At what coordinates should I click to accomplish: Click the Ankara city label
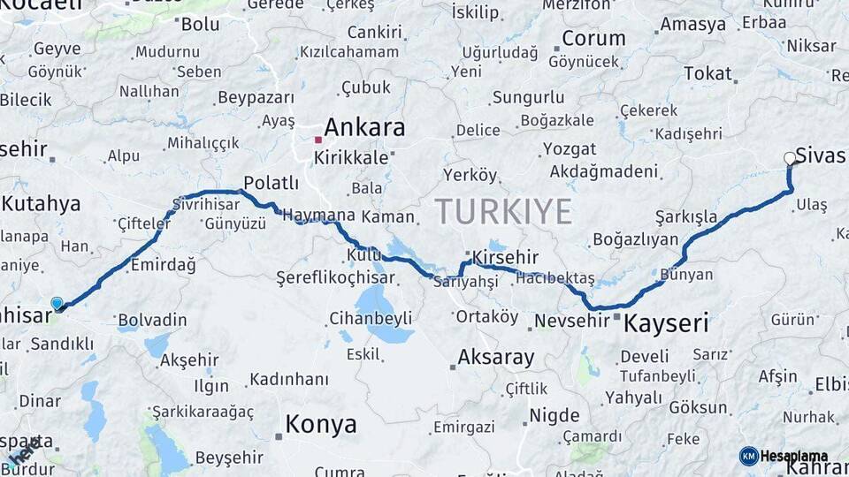364,127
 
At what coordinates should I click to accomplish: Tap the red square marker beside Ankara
318,140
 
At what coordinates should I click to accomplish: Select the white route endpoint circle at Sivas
790,159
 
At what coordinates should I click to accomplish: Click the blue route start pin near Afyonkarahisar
57,304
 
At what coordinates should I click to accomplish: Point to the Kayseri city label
666,323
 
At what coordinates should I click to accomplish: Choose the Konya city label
321,425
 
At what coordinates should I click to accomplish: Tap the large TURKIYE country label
503,212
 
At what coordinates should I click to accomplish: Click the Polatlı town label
271,183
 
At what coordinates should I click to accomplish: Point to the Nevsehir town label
574,321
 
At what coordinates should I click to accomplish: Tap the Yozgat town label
570,148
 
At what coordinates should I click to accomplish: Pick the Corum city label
593,39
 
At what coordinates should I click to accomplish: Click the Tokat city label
707,73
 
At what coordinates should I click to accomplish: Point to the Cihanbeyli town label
371,317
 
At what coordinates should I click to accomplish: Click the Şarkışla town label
686,216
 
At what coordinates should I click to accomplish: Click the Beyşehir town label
229,457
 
